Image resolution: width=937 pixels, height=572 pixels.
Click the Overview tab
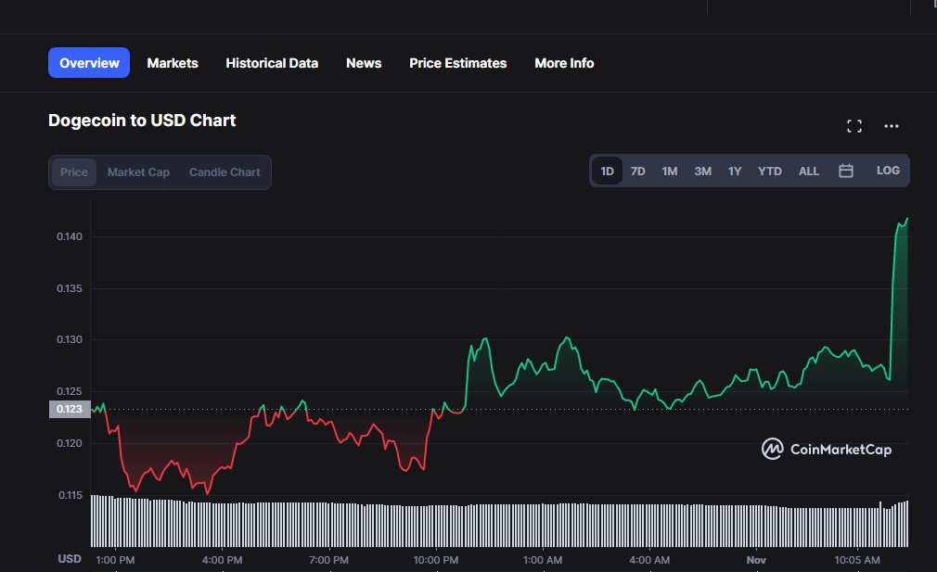(x=89, y=63)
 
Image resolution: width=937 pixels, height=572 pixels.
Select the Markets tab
(x=173, y=63)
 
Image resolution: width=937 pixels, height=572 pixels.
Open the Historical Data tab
(x=272, y=63)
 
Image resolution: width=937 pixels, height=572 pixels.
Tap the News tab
(x=364, y=63)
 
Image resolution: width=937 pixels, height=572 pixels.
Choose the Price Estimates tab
(x=458, y=63)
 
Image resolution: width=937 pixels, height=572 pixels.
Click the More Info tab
(x=564, y=63)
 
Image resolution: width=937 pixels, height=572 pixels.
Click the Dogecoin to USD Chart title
(x=142, y=121)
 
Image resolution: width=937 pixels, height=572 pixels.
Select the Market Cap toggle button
(x=138, y=172)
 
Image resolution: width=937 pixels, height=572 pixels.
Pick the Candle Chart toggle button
(x=225, y=172)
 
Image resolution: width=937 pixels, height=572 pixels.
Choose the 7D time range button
(x=638, y=172)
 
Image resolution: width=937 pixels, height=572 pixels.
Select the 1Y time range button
(x=735, y=172)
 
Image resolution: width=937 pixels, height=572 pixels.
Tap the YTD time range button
(x=770, y=172)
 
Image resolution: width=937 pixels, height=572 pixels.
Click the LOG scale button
(x=888, y=171)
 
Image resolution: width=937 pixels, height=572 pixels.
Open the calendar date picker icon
(x=846, y=171)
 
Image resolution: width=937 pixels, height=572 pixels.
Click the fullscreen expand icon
(x=854, y=126)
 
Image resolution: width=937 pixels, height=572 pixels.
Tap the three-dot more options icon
(x=892, y=126)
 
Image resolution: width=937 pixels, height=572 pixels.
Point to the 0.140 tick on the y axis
(x=71, y=237)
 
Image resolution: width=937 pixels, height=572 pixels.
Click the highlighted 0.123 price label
(x=71, y=410)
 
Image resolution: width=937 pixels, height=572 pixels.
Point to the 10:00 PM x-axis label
(x=436, y=560)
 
